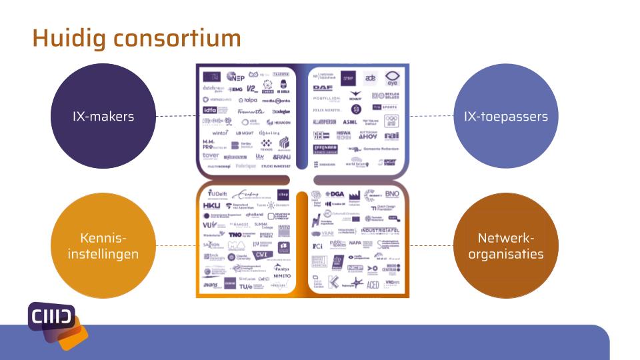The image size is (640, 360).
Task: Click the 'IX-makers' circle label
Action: pos(103,116)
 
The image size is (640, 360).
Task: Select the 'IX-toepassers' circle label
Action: pos(505,116)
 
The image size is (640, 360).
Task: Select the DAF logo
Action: pos(323,87)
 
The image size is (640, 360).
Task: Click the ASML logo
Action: pos(350,122)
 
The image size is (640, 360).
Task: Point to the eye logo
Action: pos(392,77)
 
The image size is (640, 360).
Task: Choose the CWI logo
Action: pos(263,254)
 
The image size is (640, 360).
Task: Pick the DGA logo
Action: pos(334,194)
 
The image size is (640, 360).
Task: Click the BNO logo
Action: pos(392,194)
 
